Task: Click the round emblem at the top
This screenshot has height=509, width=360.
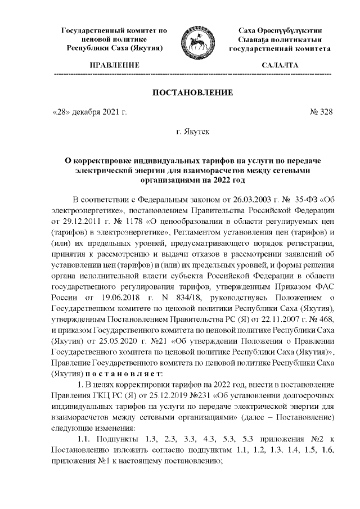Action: [197, 41]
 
